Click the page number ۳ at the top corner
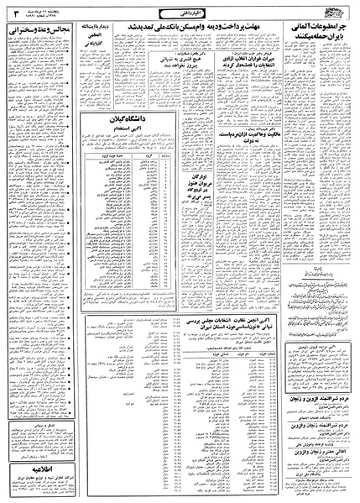pos(8,11)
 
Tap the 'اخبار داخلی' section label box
pos(180,11)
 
